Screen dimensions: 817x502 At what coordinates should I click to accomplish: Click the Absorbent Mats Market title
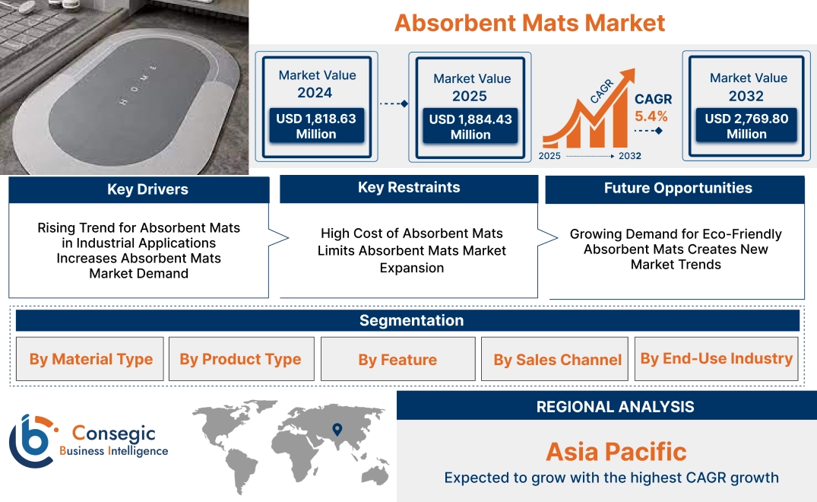[x=530, y=23]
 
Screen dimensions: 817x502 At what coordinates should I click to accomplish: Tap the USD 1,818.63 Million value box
[x=316, y=125]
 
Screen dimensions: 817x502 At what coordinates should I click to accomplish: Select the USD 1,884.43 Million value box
[x=470, y=126]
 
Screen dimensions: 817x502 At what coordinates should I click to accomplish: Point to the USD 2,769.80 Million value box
[x=746, y=125]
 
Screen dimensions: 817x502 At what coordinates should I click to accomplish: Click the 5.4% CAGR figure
[x=651, y=116]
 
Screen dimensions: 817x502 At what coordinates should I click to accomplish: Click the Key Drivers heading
[x=147, y=189]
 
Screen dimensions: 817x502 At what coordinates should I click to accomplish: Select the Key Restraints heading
[x=409, y=187]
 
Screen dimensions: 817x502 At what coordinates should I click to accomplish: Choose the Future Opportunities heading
[x=678, y=188]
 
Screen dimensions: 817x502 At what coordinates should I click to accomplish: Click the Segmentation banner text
[x=412, y=320]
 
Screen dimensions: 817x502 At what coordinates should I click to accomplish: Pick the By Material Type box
[x=90, y=359]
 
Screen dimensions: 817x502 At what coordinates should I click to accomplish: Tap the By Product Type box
[x=241, y=359]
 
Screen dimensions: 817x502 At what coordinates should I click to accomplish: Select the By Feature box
[x=397, y=359]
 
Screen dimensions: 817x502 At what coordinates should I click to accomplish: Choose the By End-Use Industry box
[x=716, y=359]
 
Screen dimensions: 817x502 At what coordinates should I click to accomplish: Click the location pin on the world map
[x=337, y=429]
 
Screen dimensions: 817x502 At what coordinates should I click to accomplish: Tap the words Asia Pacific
[x=616, y=452]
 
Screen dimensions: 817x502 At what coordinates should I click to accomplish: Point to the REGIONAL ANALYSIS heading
[x=616, y=407]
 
